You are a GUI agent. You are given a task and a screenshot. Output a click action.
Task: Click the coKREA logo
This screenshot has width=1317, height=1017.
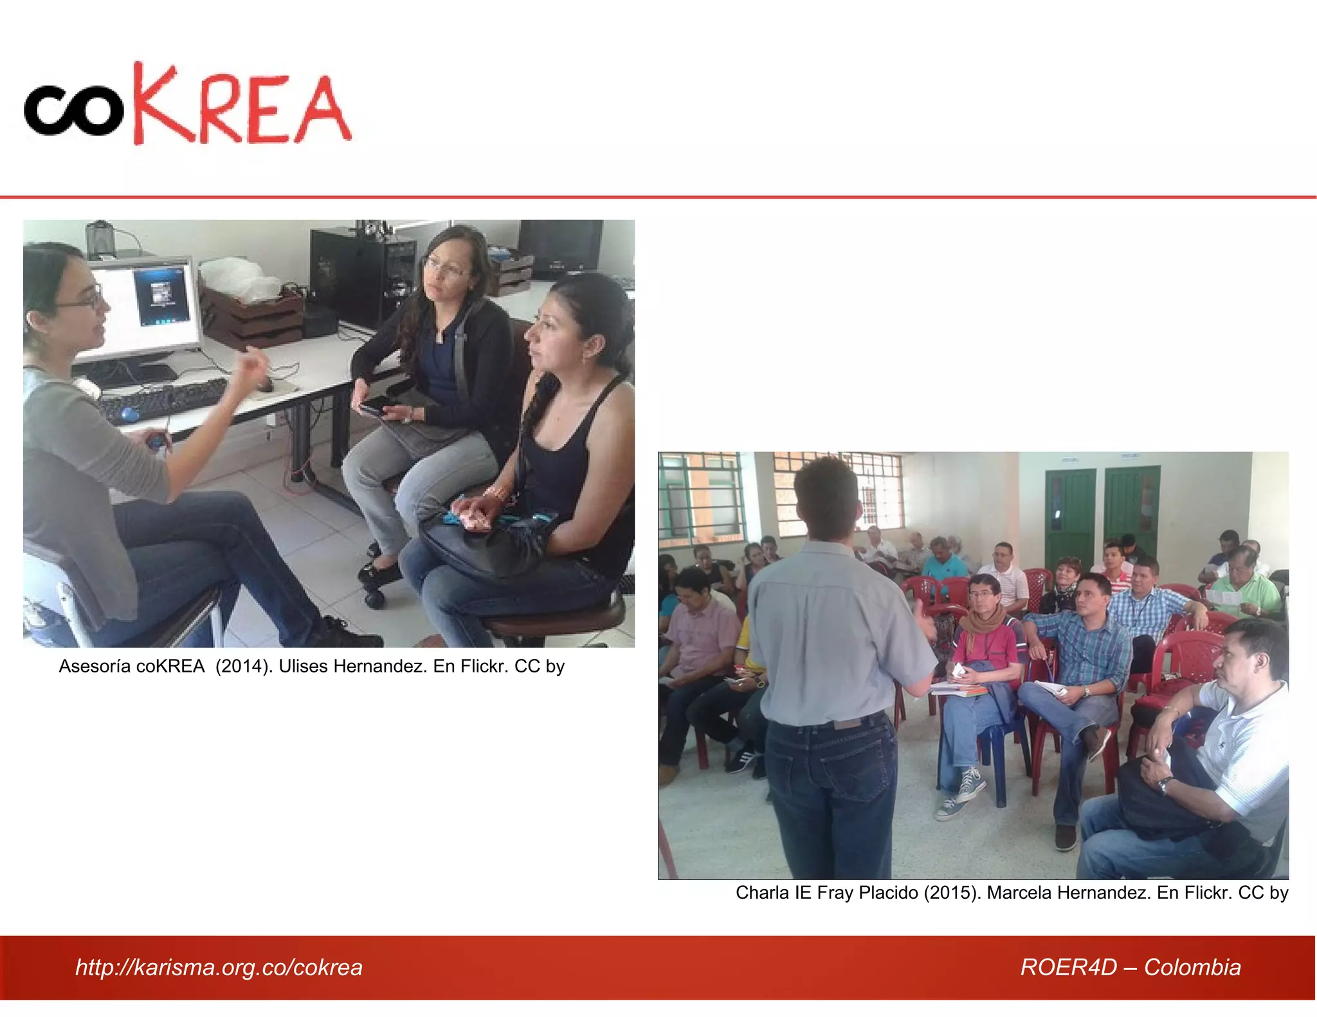tap(186, 104)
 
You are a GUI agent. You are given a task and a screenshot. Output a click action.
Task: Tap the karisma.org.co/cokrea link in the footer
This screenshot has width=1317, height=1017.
tap(219, 967)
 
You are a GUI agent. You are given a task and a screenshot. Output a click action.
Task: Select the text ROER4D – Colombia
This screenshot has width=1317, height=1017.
tap(1130, 967)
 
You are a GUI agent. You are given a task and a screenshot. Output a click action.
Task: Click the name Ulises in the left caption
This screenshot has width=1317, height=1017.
tap(305, 666)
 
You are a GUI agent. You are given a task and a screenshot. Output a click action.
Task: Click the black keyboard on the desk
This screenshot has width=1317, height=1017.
tap(164, 399)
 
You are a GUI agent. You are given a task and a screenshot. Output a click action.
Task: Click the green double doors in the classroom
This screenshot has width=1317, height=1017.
tap(1101, 514)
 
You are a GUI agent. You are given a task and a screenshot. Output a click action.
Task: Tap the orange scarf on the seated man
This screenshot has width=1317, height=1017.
tap(982, 621)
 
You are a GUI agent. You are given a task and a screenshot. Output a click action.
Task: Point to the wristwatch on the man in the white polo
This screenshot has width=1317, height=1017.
tap(1165, 784)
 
